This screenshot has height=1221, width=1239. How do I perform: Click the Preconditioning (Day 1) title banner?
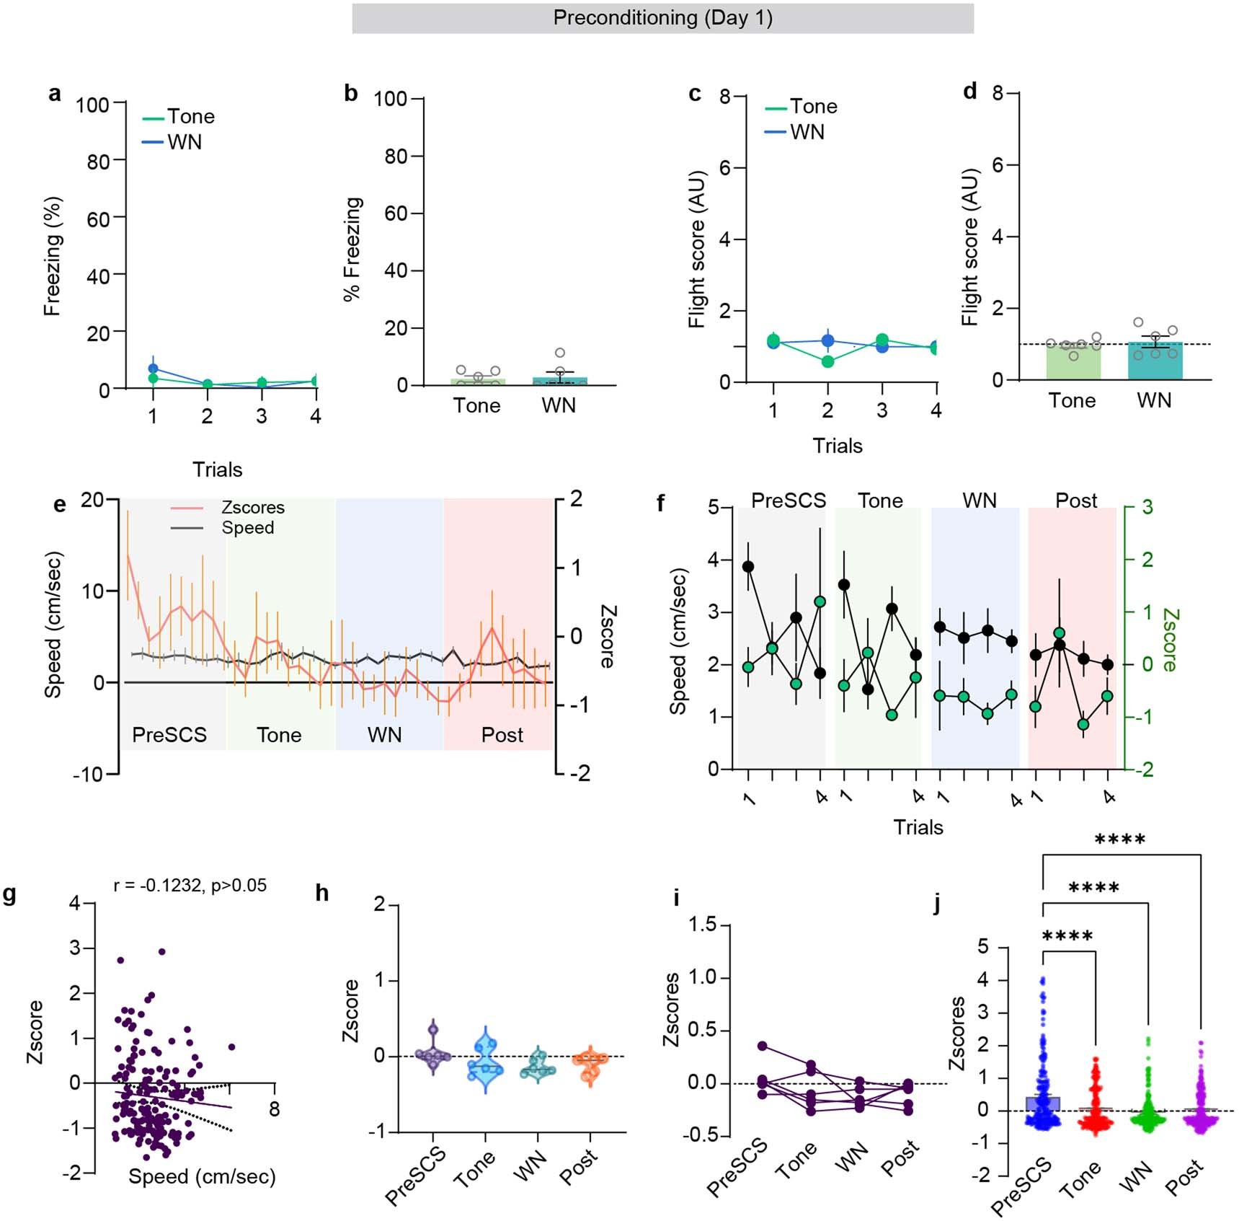click(x=662, y=18)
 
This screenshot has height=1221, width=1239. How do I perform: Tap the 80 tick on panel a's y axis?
click(x=98, y=162)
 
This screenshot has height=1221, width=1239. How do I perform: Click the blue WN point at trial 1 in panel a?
click(x=153, y=369)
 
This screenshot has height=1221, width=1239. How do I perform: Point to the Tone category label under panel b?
click(x=476, y=405)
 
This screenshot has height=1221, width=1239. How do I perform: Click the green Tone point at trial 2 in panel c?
click(x=827, y=361)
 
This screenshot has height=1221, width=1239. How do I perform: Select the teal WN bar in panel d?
click(x=1155, y=361)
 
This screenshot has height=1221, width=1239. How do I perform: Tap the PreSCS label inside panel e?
click(x=169, y=735)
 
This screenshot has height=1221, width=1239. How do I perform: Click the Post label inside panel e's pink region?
click(x=502, y=735)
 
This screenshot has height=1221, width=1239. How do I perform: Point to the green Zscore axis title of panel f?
click(x=1171, y=640)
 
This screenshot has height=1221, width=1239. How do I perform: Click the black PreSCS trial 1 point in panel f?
click(x=748, y=567)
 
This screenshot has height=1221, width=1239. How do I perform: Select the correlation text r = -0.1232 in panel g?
click(x=190, y=885)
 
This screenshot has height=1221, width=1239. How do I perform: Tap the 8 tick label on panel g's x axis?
click(x=274, y=1109)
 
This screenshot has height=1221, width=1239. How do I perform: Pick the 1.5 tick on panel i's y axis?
click(x=703, y=925)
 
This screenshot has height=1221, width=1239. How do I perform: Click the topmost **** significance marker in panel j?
click(x=1119, y=839)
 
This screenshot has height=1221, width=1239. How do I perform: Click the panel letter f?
click(x=660, y=503)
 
